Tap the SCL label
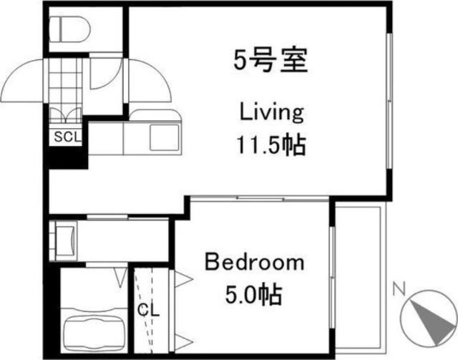point(65,135)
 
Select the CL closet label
point(150,311)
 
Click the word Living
point(271,112)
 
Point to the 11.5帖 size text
point(271,145)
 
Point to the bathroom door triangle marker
point(121,273)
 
